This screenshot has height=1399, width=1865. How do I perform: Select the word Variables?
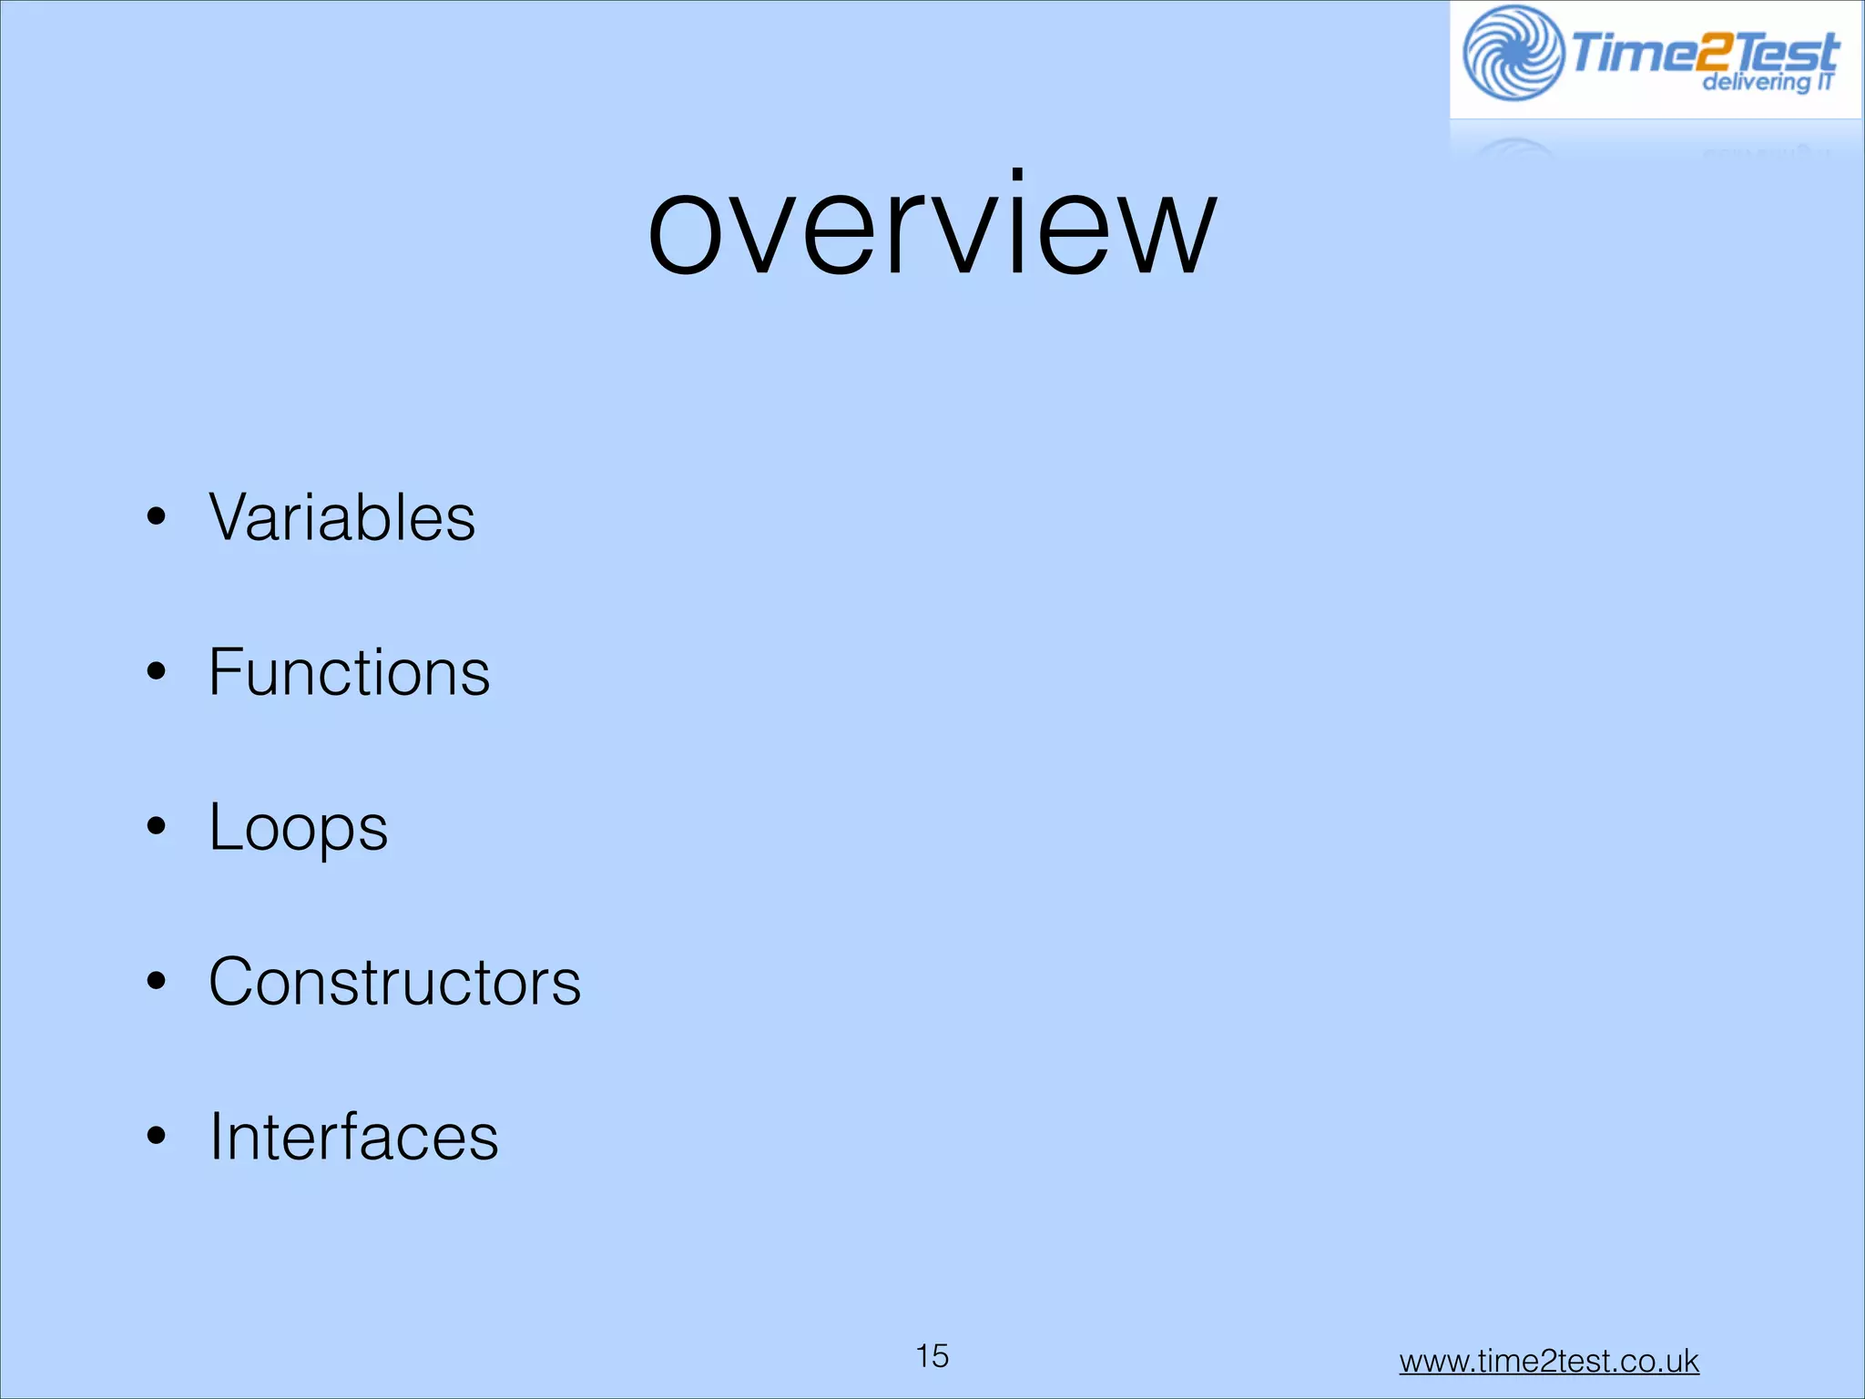click(x=342, y=517)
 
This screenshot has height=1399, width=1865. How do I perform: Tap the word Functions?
click(x=350, y=672)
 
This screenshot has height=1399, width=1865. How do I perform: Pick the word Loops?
click(x=299, y=827)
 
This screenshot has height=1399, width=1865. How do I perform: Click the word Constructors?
click(x=395, y=982)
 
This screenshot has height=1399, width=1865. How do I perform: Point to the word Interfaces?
click(x=354, y=1137)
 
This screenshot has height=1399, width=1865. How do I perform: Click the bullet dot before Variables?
click(x=157, y=517)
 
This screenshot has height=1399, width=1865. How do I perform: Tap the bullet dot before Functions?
click(x=157, y=672)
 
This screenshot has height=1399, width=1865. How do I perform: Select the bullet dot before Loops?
click(x=157, y=827)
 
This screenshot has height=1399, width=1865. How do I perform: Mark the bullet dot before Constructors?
click(x=157, y=982)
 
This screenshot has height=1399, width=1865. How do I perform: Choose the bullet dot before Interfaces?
click(x=157, y=1137)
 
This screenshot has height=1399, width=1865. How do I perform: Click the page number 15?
click(x=932, y=1356)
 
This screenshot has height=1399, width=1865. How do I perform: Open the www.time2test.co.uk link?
click(x=1549, y=1361)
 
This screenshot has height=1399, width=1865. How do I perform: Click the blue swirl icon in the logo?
click(x=1513, y=53)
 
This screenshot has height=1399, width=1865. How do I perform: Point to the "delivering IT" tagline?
click(x=1768, y=83)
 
